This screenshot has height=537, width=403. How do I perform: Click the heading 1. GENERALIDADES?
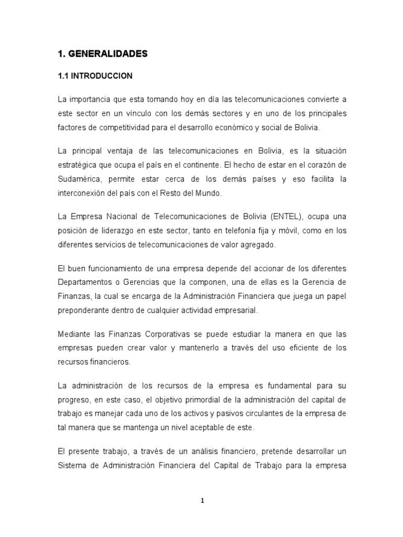click(x=103, y=53)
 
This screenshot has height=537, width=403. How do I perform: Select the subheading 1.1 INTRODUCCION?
click(x=95, y=76)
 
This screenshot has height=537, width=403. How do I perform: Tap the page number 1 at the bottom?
click(x=202, y=500)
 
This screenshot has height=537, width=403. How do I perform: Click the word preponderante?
click(x=84, y=310)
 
